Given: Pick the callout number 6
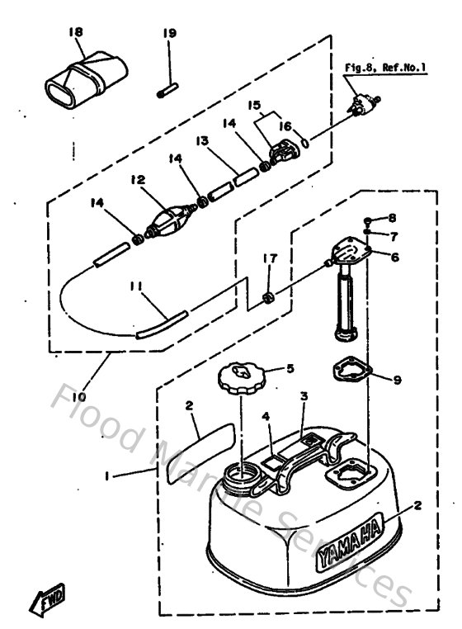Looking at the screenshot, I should click(x=394, y=257).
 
